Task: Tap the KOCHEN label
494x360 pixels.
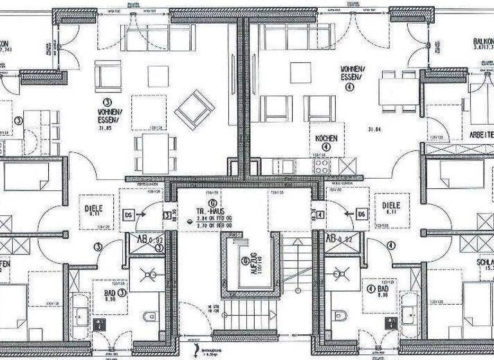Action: click(x=326, y=138)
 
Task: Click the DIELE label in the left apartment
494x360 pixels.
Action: click(x=94, y=208)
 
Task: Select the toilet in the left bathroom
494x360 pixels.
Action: click(x=149, y=316)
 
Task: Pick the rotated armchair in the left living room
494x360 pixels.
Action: click(x=194, y=109)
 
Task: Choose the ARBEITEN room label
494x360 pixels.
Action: click(x=478, y=136)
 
